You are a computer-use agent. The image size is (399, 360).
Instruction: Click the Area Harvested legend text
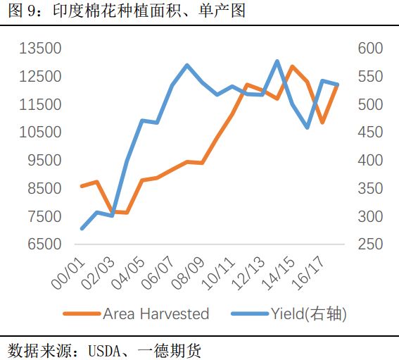(156, 314)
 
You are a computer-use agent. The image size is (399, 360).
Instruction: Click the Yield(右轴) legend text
(309, 314)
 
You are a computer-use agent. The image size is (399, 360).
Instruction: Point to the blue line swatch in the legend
(248, 314)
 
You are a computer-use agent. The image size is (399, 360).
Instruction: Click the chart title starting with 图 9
(127, 12)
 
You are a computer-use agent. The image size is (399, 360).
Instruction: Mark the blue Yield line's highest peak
(277, 61)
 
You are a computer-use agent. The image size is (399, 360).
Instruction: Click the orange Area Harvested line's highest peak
(292, 66)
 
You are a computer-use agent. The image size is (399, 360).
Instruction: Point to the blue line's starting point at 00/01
(82, 228)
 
